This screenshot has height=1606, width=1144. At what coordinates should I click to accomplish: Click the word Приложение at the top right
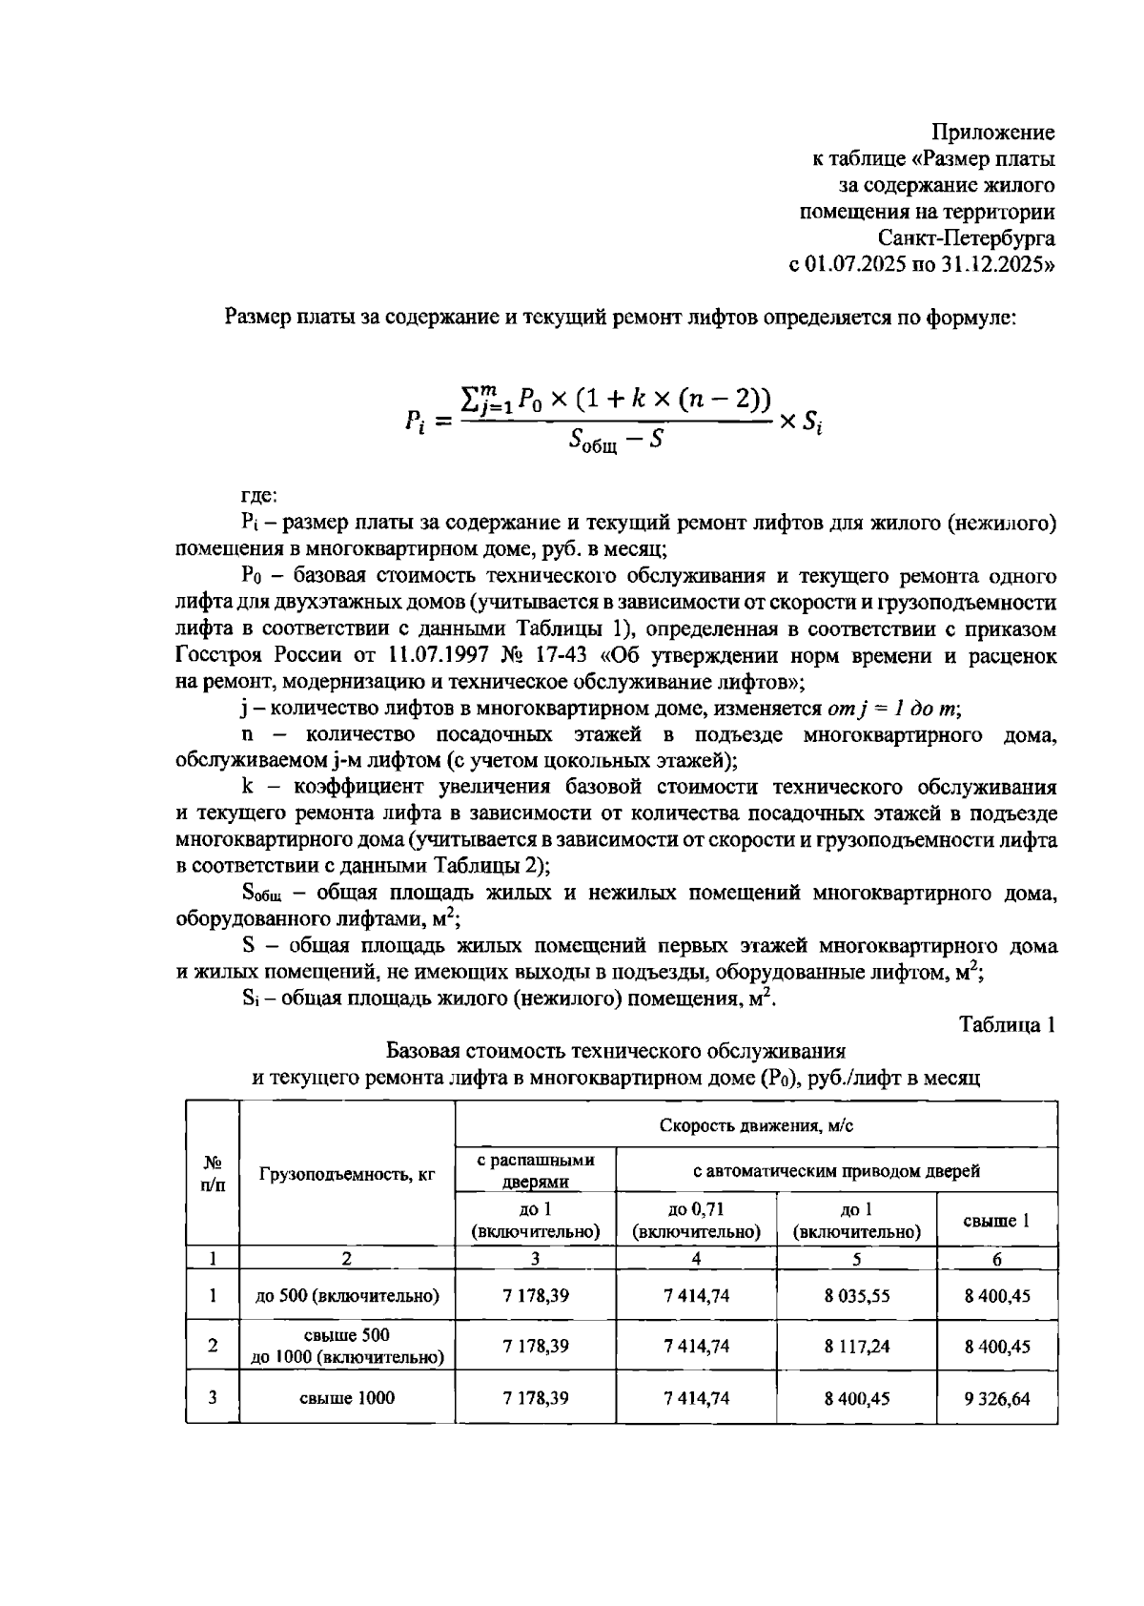(992, 133)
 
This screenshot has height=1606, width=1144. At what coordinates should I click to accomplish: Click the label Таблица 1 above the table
(1007, 1025)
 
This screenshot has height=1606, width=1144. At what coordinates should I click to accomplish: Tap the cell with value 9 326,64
(997, 1399)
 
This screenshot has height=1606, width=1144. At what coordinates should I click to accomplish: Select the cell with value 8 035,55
(856, 1296)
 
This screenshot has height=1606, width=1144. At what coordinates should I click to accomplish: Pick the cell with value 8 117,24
(856, 1347)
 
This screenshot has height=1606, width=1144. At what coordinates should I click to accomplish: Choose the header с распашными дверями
(536, 1170)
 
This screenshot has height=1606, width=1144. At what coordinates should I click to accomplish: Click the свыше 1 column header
(997, 1221)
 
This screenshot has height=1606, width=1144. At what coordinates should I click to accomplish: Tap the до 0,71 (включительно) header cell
(696, 1221)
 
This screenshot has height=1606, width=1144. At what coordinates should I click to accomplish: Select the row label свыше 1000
(347, 1399)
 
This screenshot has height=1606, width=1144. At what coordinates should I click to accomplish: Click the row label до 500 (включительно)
(347, 1296)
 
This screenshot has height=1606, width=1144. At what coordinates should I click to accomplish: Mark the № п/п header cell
(212, 1174)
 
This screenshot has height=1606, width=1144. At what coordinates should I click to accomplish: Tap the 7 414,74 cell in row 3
(696, 1399)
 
